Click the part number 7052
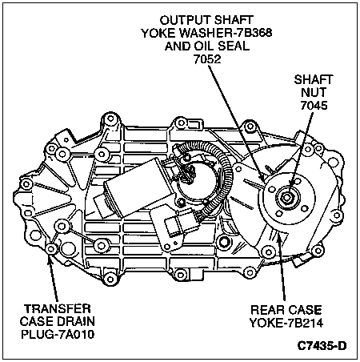point(207,59)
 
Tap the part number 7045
point(314,106)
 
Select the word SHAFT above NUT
point(314,79)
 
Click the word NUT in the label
point(314,92)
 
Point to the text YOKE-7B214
point(286,323)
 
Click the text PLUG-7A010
point(58,334)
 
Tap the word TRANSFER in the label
point(58,308)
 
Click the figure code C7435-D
point(322,346)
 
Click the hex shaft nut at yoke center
point(286,198)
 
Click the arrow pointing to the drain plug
point(53,279)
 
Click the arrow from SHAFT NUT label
point(301,149)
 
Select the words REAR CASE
point(286,310)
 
